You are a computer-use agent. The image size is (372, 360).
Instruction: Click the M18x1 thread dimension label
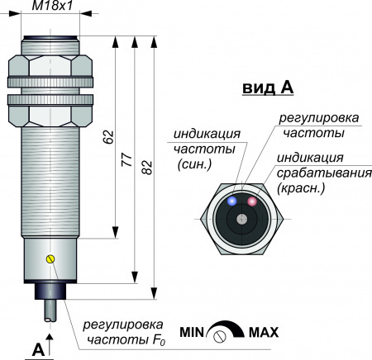point(52,6)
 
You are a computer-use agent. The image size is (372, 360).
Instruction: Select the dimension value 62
point(108,137)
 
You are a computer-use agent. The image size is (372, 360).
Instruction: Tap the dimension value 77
point(127,160)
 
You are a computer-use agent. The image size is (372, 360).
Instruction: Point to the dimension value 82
point(147,167)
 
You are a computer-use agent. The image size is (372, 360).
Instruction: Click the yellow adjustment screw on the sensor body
point(50,258)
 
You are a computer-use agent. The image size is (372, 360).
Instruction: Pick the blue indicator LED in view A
point(232,201)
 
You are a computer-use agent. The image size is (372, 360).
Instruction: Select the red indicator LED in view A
point(252,201)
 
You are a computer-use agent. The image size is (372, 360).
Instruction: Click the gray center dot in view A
point(242,219)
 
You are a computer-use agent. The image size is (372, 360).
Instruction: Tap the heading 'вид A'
point(268,88)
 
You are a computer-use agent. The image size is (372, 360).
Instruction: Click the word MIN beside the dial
point(192,332)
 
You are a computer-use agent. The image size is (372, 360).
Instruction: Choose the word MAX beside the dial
point(264,332)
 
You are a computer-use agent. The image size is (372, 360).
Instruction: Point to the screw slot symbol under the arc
point(220,336)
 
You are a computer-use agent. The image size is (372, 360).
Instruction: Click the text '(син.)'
point(195,164)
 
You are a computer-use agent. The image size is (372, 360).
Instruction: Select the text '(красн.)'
point(301,188)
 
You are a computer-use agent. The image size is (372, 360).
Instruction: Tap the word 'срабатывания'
point(324,173)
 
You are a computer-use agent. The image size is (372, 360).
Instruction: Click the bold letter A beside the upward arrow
point(38,350)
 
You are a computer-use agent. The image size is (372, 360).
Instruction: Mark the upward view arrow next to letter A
point(50,345)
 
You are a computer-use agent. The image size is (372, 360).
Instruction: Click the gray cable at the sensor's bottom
point(50,310)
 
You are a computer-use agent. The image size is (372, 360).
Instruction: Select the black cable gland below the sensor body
point(50,291)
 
